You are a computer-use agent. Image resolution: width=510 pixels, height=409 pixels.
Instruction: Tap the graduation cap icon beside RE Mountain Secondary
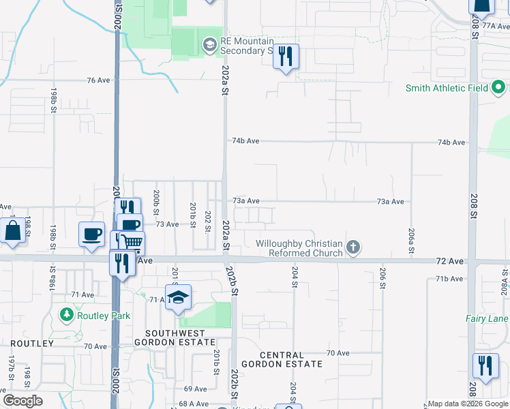point(209,46)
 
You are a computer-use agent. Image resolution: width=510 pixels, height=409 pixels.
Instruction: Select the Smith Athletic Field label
point(447,88)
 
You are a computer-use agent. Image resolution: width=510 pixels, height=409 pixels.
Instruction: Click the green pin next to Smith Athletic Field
point(498,88)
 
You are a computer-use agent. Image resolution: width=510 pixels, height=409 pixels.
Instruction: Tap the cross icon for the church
point(352,247)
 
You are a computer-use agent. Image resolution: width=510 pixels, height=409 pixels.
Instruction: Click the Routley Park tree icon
point(66,315)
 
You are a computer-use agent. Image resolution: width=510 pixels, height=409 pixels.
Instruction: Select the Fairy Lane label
point(487,318)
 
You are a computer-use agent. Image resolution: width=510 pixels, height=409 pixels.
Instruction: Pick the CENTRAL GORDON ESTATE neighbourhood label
point(291,359)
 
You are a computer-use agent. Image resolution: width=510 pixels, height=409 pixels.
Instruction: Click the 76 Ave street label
point(98,80)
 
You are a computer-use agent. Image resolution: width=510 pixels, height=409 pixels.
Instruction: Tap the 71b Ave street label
point(449,279)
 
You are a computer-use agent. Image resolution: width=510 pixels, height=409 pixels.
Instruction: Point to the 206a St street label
point(412,241)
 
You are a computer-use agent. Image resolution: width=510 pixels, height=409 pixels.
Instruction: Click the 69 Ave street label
point(195,389)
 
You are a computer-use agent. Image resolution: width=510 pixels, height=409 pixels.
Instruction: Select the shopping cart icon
point(132,242)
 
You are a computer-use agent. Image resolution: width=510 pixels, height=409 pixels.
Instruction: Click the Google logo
point(22,401)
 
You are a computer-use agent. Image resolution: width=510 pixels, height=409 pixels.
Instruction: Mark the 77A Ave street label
point(496,25)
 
